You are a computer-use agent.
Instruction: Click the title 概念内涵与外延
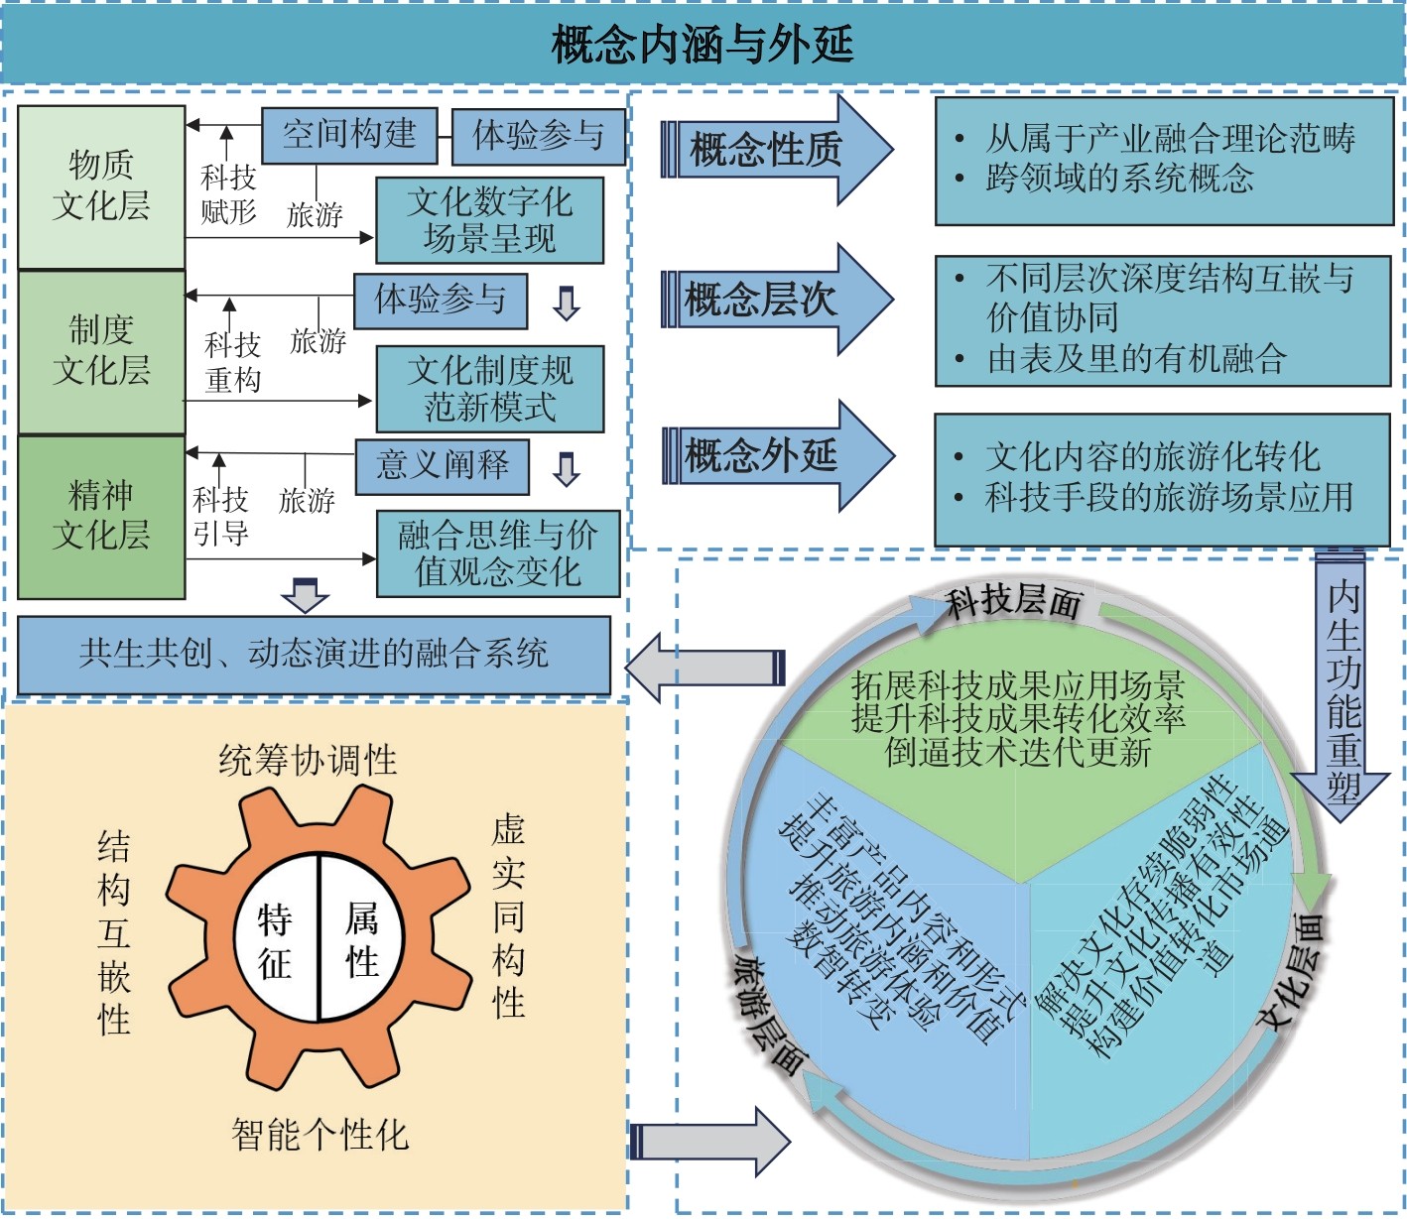[x=703, y=45]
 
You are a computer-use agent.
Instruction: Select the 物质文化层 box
[x=101, y=186]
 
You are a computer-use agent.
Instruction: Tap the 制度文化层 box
[x=101, y=351]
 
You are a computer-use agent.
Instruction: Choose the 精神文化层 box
[x=101, y=516]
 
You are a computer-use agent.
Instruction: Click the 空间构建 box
[x=349, y=135]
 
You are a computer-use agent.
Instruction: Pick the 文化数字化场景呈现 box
[x=489, y=220]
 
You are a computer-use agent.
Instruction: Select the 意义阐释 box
[x=442, y=465]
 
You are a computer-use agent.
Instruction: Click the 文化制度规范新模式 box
[x=489, y=388]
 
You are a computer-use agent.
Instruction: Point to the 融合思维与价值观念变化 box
[x=498, y=553]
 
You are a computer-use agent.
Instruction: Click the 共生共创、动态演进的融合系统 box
[x=314, y=654]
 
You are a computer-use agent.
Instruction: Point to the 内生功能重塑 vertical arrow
[x=1343, y=684]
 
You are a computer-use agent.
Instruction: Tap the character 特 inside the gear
[x=275, y=920]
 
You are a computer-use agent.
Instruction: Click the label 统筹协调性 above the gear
[x=308, y=761]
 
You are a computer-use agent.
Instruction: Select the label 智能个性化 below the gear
[x=320, y=1135]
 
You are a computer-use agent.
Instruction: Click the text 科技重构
[x=232, y=362]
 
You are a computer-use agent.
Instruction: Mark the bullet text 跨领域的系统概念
[x=1119, y=180]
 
